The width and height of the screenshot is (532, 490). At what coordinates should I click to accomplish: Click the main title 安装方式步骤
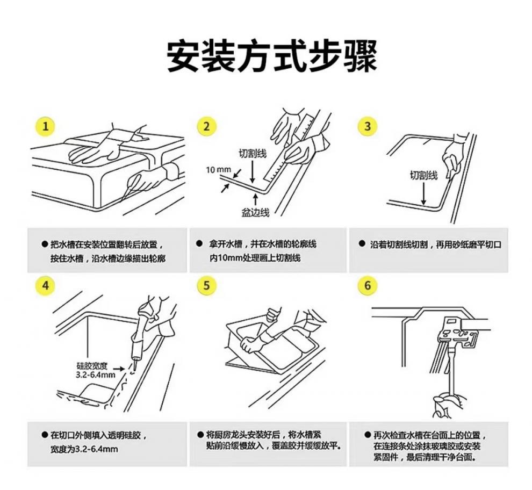(x=271, y=55)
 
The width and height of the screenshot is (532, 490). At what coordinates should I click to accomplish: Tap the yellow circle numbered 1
(x=45, y=126)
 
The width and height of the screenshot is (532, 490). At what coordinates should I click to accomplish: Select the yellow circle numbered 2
(x=206, y=126)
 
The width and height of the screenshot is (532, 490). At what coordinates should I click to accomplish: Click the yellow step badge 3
(x=368, y=126)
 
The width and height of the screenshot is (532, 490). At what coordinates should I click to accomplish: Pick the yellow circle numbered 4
(x=45, y=285)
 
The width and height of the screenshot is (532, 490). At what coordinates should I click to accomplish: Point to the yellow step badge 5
(x=206, y=285)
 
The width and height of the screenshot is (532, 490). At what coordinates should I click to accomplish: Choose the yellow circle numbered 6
(x=368, y=285)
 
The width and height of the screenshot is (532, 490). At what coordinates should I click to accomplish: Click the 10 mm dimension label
(x=218, y=170)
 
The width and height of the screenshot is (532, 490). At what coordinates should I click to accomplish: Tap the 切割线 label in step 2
(x=253, y=153)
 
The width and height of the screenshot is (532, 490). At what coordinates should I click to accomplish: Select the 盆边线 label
(x=255, y=213)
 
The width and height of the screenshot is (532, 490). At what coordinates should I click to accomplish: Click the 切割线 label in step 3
(x=423, y=175)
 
